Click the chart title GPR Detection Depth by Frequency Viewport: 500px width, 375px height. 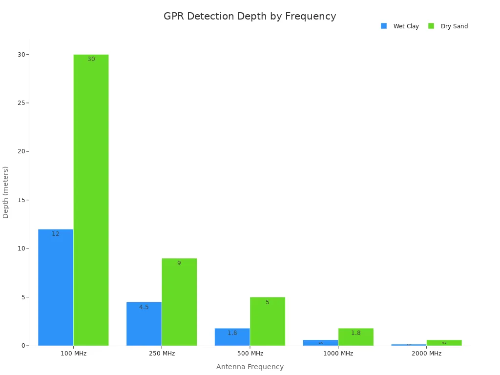pos(250,16)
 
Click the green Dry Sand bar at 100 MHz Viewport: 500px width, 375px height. pos(91,200)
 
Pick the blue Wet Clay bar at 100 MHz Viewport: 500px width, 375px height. pos(56,288)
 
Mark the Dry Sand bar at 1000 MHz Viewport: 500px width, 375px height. pos(355,337)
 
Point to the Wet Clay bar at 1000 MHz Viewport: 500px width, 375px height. pos(320,343)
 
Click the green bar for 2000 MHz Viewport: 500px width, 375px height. pos(444,343)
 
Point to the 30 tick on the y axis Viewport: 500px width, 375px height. pos(21,54)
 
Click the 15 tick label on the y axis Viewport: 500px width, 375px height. pos(21,200)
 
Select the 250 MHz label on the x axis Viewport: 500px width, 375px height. pos(162,354)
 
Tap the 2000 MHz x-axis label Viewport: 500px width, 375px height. pos(426,354)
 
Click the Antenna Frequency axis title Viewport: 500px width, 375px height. pos(250,367)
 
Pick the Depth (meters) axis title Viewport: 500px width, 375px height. pos(6,192)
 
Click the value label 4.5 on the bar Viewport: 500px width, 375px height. pos(144,307)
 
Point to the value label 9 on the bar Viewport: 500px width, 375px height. pos(179,263)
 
